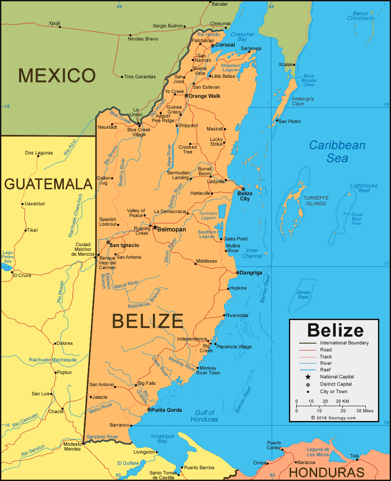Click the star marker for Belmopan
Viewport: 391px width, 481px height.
(155, 227)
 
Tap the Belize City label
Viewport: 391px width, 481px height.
(245, 196)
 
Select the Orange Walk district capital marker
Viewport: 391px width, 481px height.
(186, 96)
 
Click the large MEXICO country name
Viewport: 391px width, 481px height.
(57, 76)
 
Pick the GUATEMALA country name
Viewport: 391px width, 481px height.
(48, 184)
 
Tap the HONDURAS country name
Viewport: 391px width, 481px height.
(327, 472)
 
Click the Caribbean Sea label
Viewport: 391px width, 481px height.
(338, 151)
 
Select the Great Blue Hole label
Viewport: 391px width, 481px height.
(357, 219)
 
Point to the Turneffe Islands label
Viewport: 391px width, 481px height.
(315, 200)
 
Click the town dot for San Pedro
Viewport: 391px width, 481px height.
(276, 121)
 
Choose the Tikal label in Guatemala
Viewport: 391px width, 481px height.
(33, 230)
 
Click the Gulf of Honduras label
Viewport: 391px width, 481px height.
(204, 416)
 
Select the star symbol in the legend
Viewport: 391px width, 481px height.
(308, 377)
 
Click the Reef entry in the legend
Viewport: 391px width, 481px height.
(325, 370)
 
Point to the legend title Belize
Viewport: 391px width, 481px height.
(335, 330)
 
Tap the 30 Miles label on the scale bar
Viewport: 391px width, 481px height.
(364, 411)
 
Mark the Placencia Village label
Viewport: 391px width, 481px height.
(234, 347)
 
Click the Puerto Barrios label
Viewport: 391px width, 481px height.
(199, 468)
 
